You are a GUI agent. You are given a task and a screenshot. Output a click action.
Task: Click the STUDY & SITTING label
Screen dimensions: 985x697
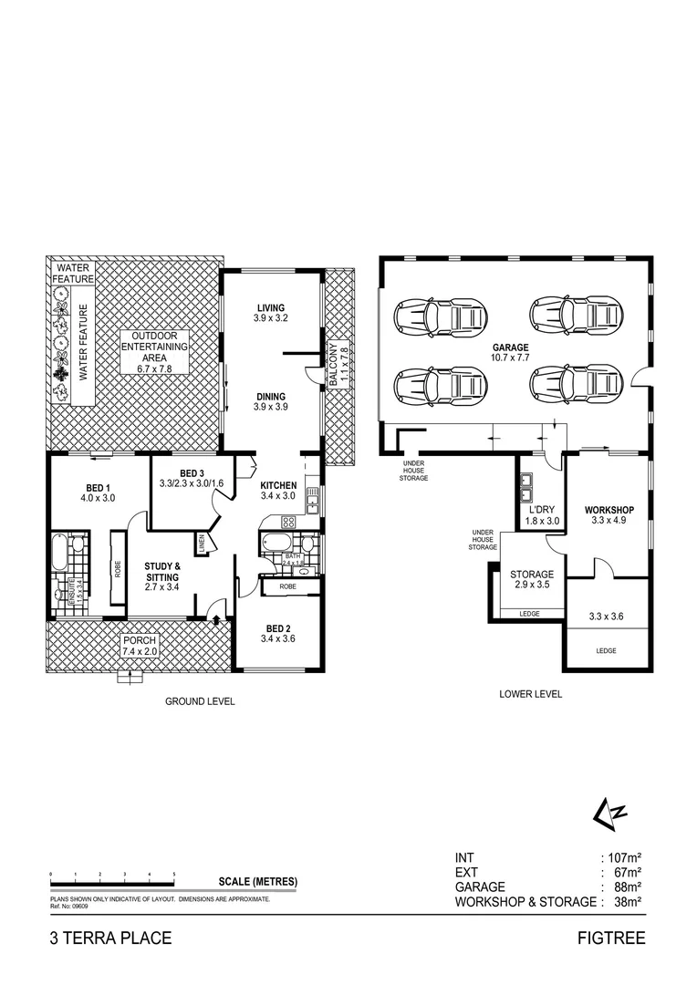pos(162,571)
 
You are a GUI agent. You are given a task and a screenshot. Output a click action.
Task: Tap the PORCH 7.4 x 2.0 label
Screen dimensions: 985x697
pos(140,647)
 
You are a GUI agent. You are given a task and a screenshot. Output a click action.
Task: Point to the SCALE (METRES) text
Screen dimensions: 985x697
pos(257,881)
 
